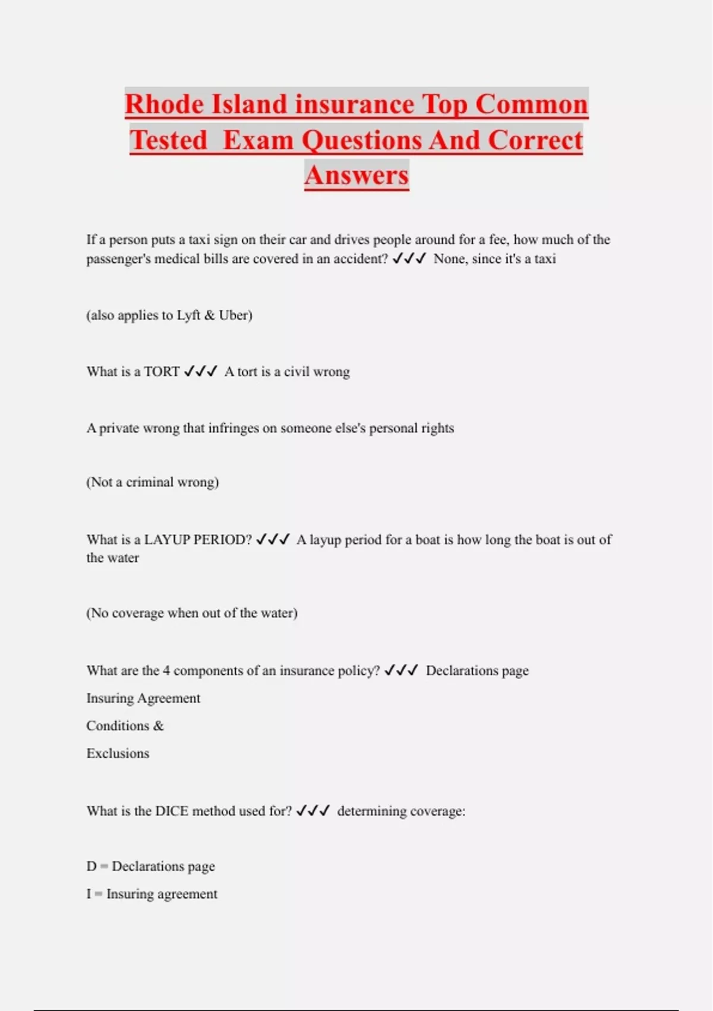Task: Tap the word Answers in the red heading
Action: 356,175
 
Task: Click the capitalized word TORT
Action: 162,372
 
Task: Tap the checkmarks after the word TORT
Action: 201,372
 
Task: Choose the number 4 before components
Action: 166,671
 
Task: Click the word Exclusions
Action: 118,753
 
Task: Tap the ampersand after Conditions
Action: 158,726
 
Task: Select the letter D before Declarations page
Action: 91,866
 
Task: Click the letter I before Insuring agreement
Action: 89,894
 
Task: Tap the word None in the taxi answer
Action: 449,259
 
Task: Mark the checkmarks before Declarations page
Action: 401,671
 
